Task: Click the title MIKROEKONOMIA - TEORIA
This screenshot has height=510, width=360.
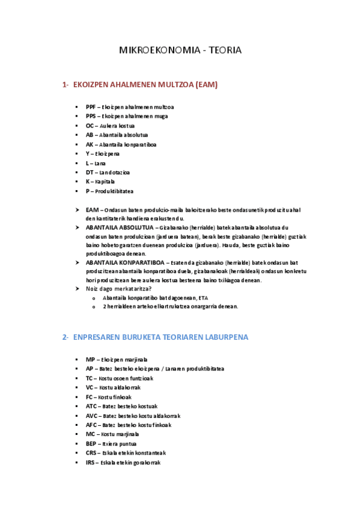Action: click(180, 51)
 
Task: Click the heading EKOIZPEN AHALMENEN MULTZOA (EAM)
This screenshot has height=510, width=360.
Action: click(145, 85)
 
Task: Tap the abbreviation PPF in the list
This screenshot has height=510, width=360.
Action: click(91, 106)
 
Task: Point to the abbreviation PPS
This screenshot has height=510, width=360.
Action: click(91, 116)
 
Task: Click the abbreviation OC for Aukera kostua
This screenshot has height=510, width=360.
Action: click(90, 126)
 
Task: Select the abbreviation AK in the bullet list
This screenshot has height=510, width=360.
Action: click(90, 144)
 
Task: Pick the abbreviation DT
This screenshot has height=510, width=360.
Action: click(90, 172)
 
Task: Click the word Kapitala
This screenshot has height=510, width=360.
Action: click(105, 182)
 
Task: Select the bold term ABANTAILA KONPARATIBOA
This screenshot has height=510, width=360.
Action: click(125, 263)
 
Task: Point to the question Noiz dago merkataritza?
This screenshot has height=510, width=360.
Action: click(118, 289)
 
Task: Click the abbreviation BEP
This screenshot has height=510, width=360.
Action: click(91, 443)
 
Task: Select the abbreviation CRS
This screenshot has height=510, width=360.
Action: click(91, 453)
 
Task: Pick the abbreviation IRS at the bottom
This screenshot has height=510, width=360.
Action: click(91, 462)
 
